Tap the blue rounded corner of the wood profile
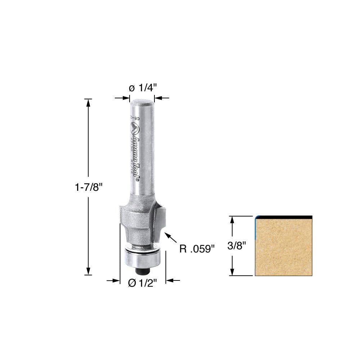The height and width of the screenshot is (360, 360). click(x=256, y=218)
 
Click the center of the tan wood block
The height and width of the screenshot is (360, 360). click(x=284, y=247)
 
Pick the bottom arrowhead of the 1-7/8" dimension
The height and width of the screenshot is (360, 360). click(x=88, y=272)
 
